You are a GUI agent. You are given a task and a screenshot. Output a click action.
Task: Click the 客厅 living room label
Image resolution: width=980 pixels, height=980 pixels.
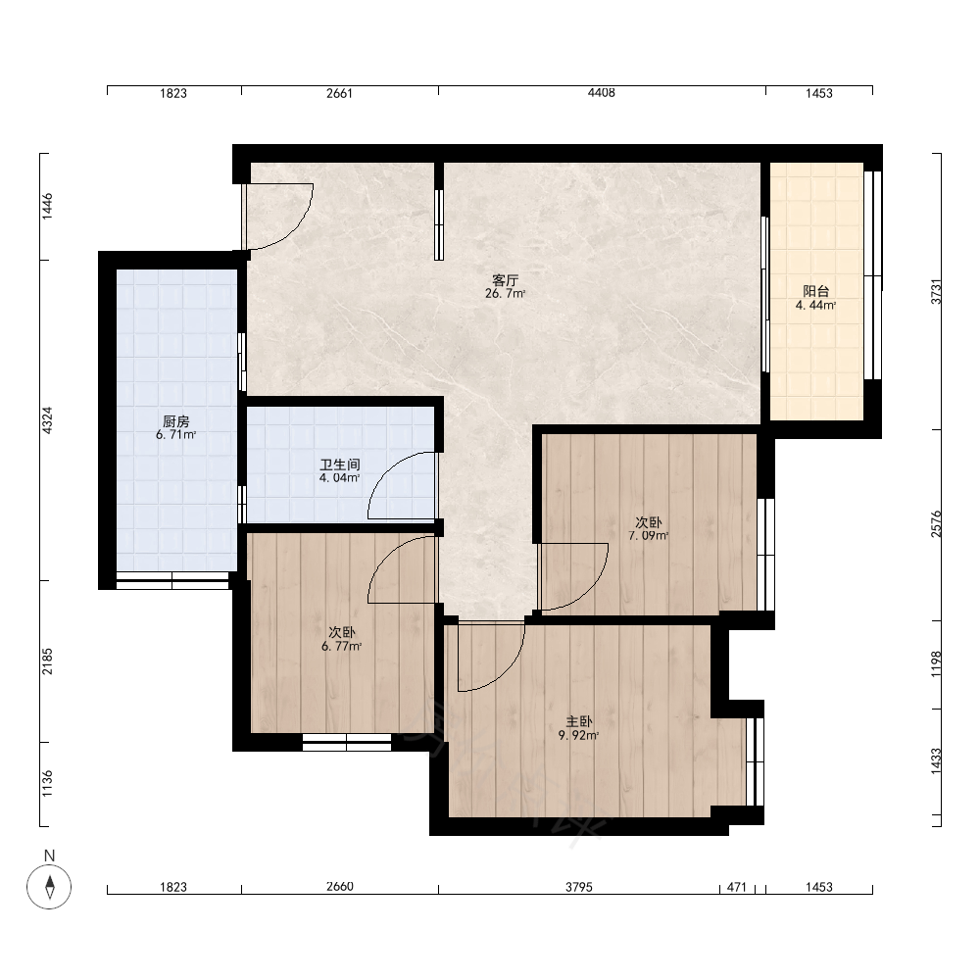pyautogui.click(x=505, y=279)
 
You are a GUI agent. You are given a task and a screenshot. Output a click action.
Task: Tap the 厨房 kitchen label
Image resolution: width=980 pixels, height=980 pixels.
pyautogui.click(x=176, y=421)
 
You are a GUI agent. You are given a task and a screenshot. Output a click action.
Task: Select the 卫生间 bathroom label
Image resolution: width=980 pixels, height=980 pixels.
pyautogui.click(x=340, y=465)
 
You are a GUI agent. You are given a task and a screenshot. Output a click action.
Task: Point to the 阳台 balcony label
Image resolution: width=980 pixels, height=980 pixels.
pyautogui.click(x=815, y=291)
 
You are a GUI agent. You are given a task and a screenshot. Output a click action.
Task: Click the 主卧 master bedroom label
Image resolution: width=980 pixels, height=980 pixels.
pyautogui.click(x=579, y=722)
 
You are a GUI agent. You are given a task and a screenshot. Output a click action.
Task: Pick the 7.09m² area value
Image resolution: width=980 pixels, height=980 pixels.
pyautogui.click(x=648, y=536)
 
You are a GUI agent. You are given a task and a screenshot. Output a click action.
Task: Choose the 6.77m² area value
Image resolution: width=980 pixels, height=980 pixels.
pyautogui.click(x=341, y=646)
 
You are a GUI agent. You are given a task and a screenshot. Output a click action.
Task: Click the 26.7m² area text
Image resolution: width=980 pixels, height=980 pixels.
pyautogui.click(x=505, y=293)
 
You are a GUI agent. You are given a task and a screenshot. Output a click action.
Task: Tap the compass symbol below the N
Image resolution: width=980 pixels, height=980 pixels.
pyautogui.click(x=49, y=886)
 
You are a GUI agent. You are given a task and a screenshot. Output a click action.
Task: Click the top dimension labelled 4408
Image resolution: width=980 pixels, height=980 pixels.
pyautogui.click(x=602, y=93)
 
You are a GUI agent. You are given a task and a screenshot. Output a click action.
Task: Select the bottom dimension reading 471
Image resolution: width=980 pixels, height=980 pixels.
pyautogui.click(x=737, y=887)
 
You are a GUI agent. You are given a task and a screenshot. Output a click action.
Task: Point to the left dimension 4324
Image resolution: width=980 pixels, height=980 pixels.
pyautogui.click(x=47, y=420)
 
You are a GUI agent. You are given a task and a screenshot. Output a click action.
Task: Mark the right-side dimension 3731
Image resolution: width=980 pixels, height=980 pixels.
pyautogui.click(x=936, y=291)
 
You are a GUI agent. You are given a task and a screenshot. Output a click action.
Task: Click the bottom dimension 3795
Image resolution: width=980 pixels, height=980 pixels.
pyautogui.click(x=579, y=887)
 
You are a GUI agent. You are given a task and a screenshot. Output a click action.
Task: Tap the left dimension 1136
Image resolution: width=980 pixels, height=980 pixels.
pyautogui.click(x=47, y=784)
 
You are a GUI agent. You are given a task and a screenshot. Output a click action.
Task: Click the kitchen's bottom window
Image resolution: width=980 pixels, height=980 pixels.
pyautogui.click(x=172, y=580)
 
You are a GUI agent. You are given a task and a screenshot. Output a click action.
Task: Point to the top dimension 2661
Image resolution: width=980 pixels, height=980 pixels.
pyautogui.click(x=339, y=93)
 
